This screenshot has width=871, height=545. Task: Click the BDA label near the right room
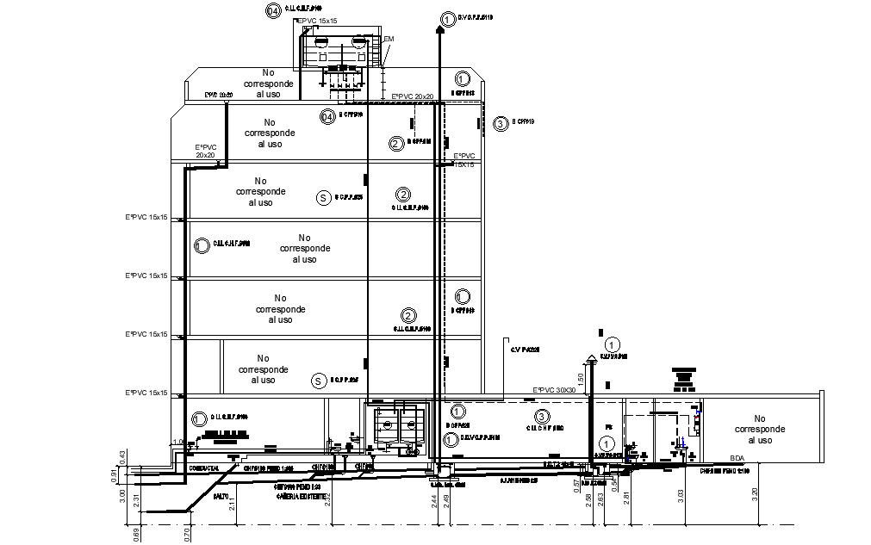click(737, 458)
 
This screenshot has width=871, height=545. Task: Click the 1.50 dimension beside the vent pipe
click(581, 379)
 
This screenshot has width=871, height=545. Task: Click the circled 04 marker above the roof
click(272, 11)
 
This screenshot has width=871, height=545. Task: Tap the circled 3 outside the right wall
click(501, 124)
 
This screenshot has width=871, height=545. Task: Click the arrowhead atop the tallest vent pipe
click(440, 28)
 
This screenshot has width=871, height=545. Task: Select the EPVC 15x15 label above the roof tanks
click(317, 19)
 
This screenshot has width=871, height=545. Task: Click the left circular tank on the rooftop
click(320, 40)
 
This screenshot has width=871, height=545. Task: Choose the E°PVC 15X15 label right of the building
click(464, 159)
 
